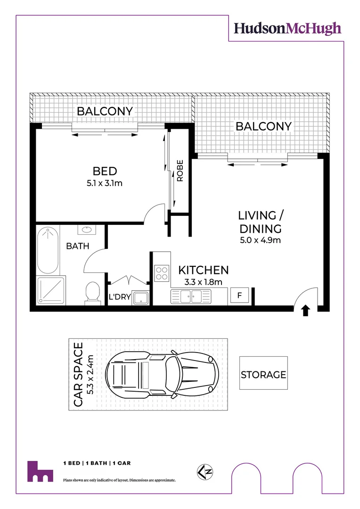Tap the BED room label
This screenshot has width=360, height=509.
click(105, 171)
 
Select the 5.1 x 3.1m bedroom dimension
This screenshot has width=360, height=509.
click(105, 183)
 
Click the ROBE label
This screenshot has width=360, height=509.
click(180, 172)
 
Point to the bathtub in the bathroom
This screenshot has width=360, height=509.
click(48, 250)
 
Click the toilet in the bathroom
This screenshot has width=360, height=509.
click(92, 292)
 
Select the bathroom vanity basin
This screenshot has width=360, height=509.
click(87, 230)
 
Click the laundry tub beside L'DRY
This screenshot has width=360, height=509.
click(141, 298)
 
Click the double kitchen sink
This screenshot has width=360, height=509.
click(191, 296)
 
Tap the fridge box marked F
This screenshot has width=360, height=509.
click(239, 296)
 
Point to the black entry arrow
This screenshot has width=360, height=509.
click(305, 310)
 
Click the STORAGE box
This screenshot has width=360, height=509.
click(263, 375)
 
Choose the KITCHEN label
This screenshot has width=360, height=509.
click(203, 270)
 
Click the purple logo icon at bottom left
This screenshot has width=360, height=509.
click(40, 471)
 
